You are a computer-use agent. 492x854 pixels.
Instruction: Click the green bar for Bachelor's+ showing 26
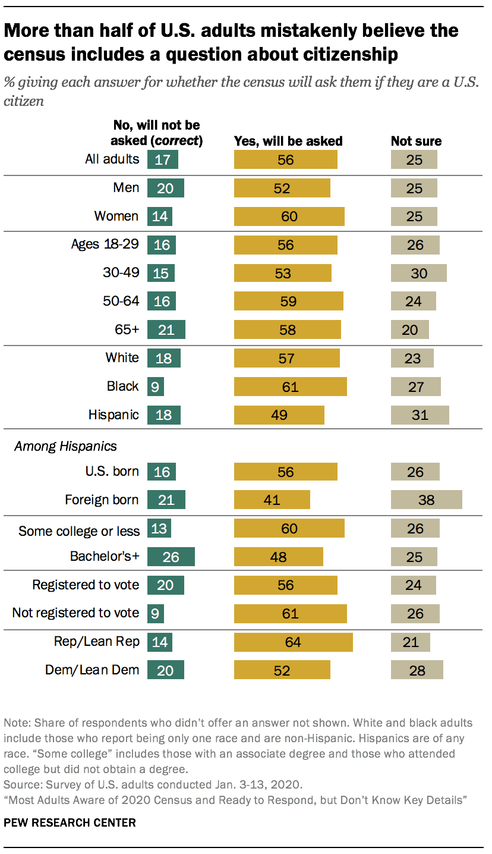pos(171,557)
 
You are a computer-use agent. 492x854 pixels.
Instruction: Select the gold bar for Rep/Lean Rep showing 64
pos(293,642)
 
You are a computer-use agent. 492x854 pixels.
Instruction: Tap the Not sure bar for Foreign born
pos(426,500)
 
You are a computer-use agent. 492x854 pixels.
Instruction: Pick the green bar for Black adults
pos(155,387)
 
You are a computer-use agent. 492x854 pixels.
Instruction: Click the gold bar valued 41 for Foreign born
pos(272,500)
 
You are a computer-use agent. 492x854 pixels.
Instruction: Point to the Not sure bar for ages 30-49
pos(418,273)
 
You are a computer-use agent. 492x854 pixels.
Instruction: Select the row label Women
pos(116,216)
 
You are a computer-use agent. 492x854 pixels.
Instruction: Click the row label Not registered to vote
pos(75,613)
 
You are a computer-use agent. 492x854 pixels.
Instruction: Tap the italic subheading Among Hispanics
pos(57,445)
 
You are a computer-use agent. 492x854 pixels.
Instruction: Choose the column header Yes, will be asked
pos(289,142)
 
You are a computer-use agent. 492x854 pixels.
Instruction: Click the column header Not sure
pos(416,142)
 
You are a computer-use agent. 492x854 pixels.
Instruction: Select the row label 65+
pos(127,329)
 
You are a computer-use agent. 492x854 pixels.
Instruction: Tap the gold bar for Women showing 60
pos(289,216)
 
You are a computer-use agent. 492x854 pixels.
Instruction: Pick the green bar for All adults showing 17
pos(162,159)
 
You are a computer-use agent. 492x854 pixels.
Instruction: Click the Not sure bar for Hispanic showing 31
pos(420,415)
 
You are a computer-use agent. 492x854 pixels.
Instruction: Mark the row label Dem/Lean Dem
pos(92,670)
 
